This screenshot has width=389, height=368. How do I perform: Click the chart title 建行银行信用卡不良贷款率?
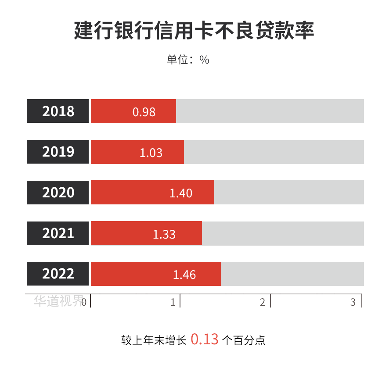click(194, 31)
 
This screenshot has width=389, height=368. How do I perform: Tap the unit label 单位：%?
click(188, 60)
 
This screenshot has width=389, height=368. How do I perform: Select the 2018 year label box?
click(58, 111)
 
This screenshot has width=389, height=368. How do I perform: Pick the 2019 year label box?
click(58, 152)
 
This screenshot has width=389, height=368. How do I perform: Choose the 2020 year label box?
click(58, 193)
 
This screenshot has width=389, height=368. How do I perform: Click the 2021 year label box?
click(58, 233)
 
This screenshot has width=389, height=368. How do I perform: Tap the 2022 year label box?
click(58, 274)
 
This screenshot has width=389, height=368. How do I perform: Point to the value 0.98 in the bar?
click(144, 112)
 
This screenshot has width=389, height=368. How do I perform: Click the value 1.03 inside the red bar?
click(151, 153)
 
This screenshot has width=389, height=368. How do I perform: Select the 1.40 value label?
click(181, 193)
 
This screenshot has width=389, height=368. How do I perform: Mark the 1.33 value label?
click(164, 234)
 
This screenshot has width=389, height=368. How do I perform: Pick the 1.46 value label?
click(184, 275)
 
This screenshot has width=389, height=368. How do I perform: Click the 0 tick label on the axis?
click(84, 302)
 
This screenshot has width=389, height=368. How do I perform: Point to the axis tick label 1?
click(173, 302)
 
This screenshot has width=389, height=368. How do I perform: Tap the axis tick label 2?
click(263, 302)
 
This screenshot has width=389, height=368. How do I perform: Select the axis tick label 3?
click(353, 302)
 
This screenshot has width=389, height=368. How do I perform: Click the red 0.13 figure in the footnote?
click(204, 339)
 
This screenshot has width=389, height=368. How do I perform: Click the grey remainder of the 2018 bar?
click(270, 111)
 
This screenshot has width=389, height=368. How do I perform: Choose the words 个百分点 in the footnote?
click(244, 340)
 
